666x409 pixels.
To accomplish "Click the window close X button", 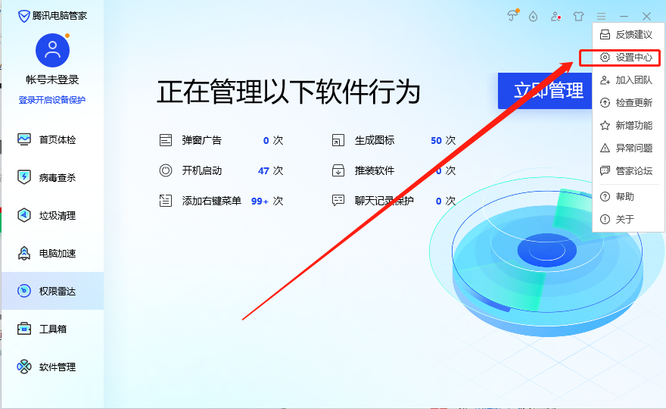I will click(646, 16).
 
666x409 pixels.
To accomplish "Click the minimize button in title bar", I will click(624, 16).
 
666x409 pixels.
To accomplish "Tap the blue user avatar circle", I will click(52, 51).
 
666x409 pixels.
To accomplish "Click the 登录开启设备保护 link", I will click(52, 100).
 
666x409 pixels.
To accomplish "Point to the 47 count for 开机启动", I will click(263, 171).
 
